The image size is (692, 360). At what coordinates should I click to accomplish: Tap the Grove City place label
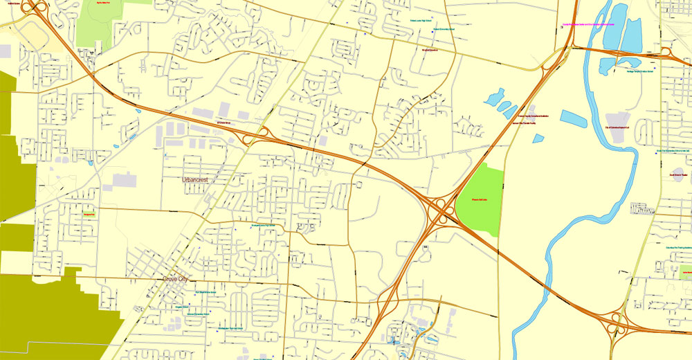[175, 279]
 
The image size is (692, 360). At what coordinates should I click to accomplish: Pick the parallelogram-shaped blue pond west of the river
[573, 119]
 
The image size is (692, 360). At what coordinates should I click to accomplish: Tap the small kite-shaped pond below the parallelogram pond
[538, 138]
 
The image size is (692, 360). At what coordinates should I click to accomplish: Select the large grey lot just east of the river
[617, 129]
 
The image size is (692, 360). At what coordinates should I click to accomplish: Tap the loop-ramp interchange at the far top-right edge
[666, 52]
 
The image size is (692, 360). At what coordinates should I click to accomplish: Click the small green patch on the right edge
[685, 269]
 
